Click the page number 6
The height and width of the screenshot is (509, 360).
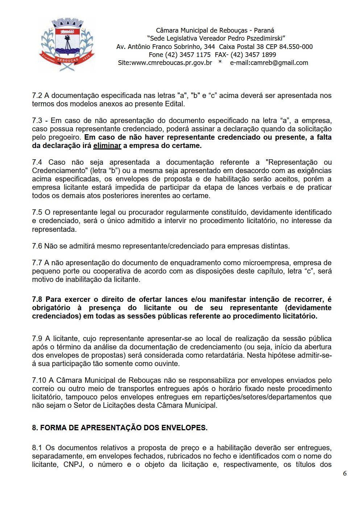point(345,473)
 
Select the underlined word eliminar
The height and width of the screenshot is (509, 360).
point(107,146)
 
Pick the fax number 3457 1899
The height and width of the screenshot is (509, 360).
point(258,55)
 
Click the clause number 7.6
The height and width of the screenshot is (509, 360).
point(37,246)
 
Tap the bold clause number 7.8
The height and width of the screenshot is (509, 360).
point(37,300)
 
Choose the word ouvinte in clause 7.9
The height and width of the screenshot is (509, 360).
point(168,364)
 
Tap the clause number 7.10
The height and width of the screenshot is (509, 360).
point(39,381)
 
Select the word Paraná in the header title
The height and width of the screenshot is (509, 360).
point(264,30)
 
